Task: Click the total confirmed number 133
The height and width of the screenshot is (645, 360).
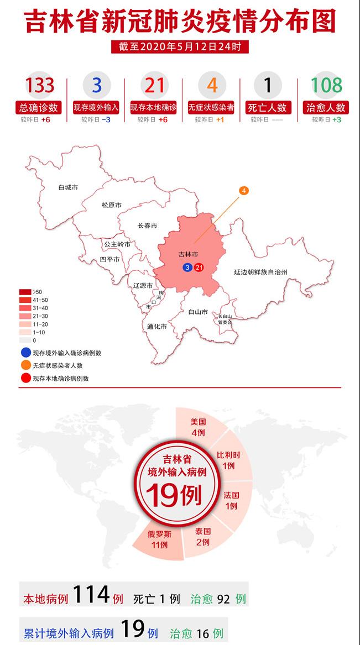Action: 39,86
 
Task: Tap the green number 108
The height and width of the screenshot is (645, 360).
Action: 326,86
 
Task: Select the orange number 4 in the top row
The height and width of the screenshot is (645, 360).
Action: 212,86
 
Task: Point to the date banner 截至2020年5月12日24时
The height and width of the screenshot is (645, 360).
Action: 180,47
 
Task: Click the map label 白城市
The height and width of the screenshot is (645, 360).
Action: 68,187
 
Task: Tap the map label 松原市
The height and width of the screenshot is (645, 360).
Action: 111,205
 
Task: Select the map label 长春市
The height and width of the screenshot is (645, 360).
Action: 147,226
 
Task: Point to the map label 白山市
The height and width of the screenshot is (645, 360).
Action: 197,312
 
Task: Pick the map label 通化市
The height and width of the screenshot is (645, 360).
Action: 157,326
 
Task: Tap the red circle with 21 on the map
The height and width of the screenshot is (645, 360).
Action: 199,268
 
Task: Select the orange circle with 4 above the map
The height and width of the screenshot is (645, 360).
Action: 244,191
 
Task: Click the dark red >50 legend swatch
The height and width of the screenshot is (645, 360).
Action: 25,292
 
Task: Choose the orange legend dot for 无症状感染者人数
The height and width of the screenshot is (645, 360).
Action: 25,365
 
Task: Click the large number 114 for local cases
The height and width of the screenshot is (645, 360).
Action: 92,596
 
